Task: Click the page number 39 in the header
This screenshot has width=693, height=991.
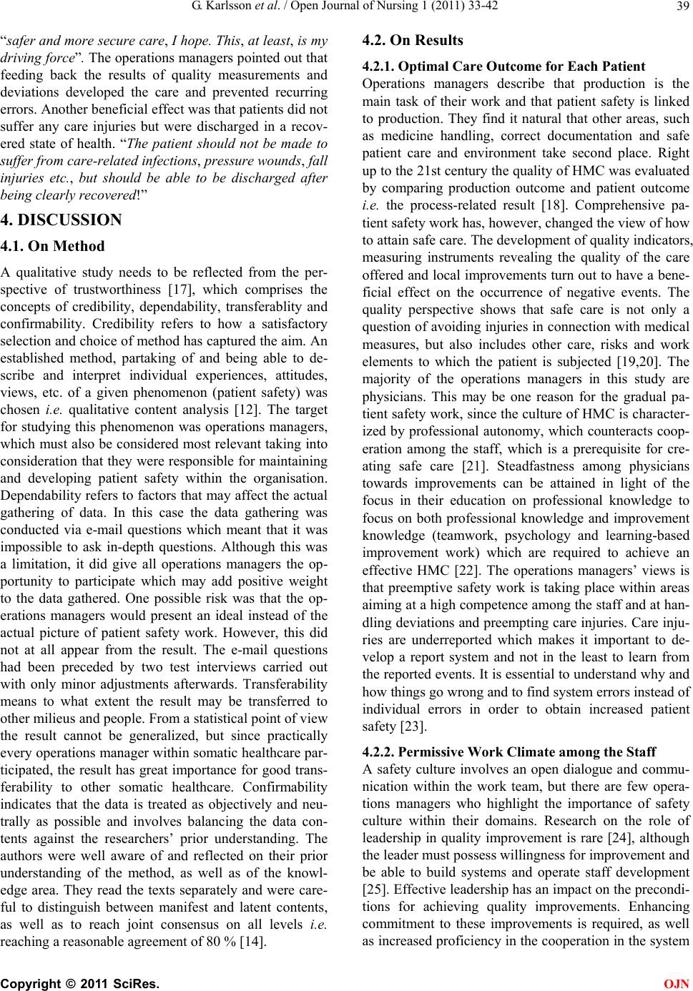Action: [x=680, y=8]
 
